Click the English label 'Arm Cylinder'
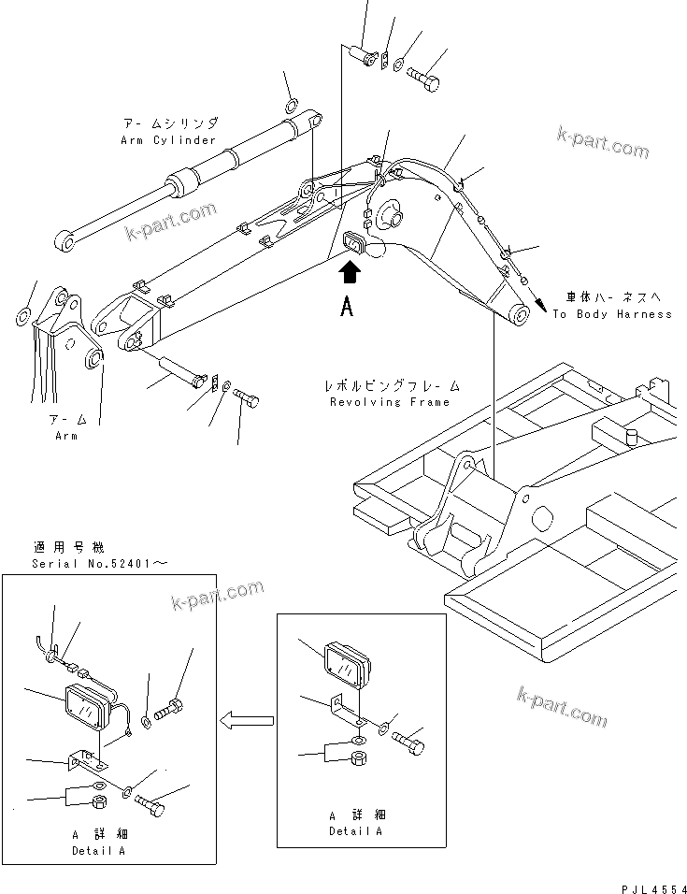click(168, 140)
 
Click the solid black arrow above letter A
click(348, 272)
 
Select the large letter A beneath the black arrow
click(347, 309)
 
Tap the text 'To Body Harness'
click(611, 314)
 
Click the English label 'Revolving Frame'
click(390, 402)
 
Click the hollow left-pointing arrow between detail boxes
click(246, 719)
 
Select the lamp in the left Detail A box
click(91, 703)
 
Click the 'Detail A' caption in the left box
click(98, 851)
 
